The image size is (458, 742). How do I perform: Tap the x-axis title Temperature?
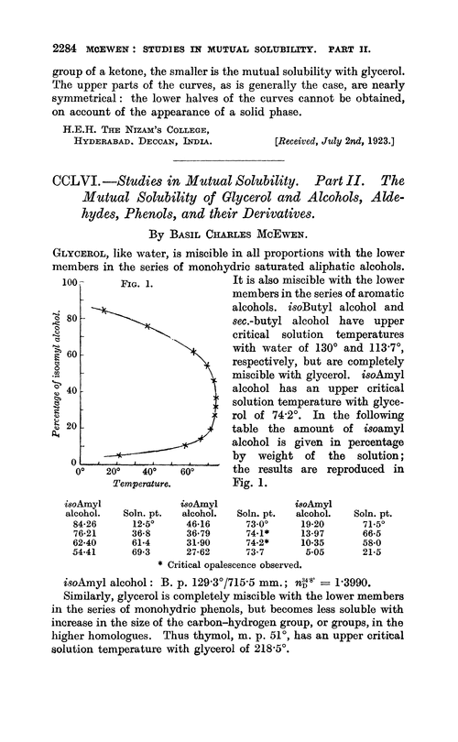pos(141,483)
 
